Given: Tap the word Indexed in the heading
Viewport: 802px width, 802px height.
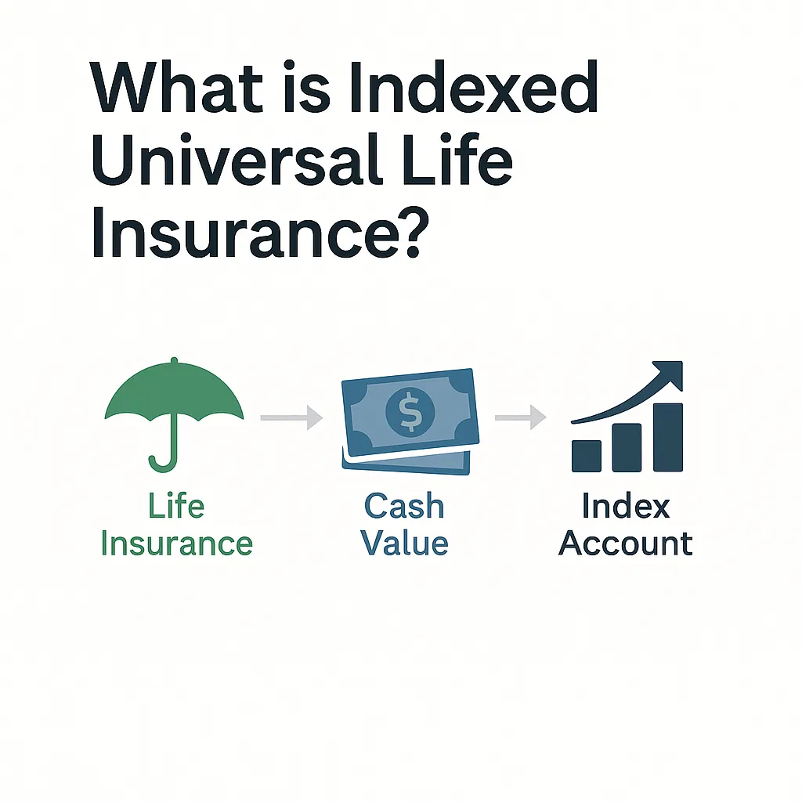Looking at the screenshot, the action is pyautogui.click(x=474, y=86).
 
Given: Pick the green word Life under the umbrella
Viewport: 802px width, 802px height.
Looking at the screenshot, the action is pyautogui.click(x=176, y=506).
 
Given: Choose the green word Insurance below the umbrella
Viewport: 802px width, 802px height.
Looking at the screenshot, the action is pyautogui.click(x=177, y=544).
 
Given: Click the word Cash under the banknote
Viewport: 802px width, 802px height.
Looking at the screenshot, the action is pyautogui.click(x=404, y=506).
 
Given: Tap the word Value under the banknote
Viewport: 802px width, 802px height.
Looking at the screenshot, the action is pyautogui.click(x=405, y=544).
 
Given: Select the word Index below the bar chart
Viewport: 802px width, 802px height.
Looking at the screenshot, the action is pyautogui.click(x=626, y=506).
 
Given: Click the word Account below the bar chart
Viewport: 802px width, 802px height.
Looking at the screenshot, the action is pyautogui.click(x=626, y=544).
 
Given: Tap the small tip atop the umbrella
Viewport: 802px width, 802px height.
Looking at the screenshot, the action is pyautogui.click(x=175, y=360).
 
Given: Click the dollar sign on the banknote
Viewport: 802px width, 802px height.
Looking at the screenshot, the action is pyautogui.click(x=410, y=411).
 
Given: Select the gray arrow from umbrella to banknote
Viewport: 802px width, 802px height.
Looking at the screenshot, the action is pyautogui.click(x=291, y=418).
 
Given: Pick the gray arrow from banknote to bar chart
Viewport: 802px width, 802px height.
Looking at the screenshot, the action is pyautogui.click(x=521, y=418).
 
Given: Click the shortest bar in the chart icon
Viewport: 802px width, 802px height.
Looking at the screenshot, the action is pyautogui.click(x=586, y=456).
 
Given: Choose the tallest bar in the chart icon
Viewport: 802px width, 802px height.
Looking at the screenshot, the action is pyautogui.click(x=668, y=437).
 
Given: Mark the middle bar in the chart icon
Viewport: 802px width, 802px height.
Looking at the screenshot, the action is pyautogui.click(x=627, y=447).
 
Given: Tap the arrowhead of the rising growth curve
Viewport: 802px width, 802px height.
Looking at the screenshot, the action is pyautogui.click(x=671, y=372).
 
